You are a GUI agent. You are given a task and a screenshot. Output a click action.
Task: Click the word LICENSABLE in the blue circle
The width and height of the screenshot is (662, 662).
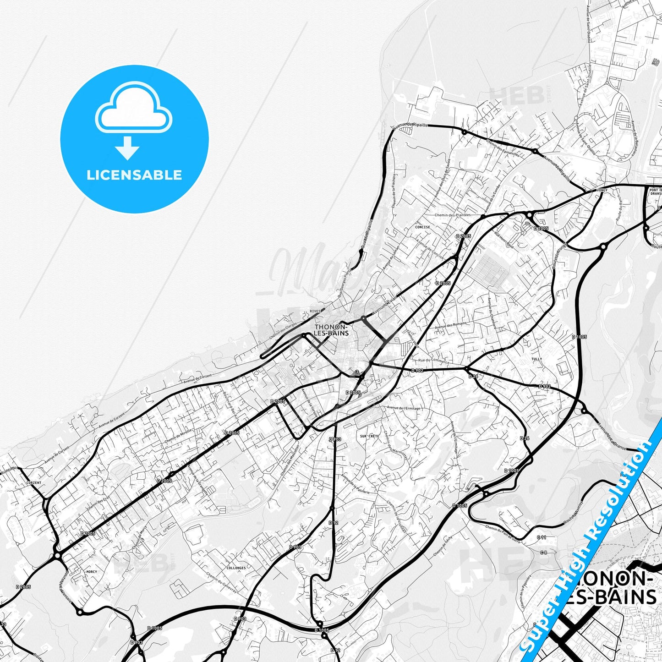(134, 175)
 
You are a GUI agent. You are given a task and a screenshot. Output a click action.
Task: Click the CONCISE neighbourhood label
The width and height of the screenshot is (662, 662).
(422, 227)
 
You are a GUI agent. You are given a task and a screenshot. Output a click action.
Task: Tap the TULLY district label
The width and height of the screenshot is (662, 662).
(536, 359)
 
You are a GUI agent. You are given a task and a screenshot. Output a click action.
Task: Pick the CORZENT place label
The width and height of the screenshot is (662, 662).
(34, 483)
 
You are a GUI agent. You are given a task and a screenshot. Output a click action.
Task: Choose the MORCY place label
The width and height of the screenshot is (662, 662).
(92, 572)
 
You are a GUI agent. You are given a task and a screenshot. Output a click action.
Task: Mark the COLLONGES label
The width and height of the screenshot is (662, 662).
(236, 568)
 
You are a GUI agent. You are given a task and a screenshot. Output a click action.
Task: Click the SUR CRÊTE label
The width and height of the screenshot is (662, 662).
(370, 436)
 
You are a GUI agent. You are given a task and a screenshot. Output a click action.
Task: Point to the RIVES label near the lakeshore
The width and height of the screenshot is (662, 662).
(315, 311)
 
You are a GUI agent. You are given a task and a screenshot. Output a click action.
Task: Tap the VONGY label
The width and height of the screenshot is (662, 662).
(602, 190)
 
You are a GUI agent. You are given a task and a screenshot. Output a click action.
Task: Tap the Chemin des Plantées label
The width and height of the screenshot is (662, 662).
(453, 215)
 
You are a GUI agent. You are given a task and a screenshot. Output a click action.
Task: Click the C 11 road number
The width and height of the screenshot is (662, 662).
(542, 537)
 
